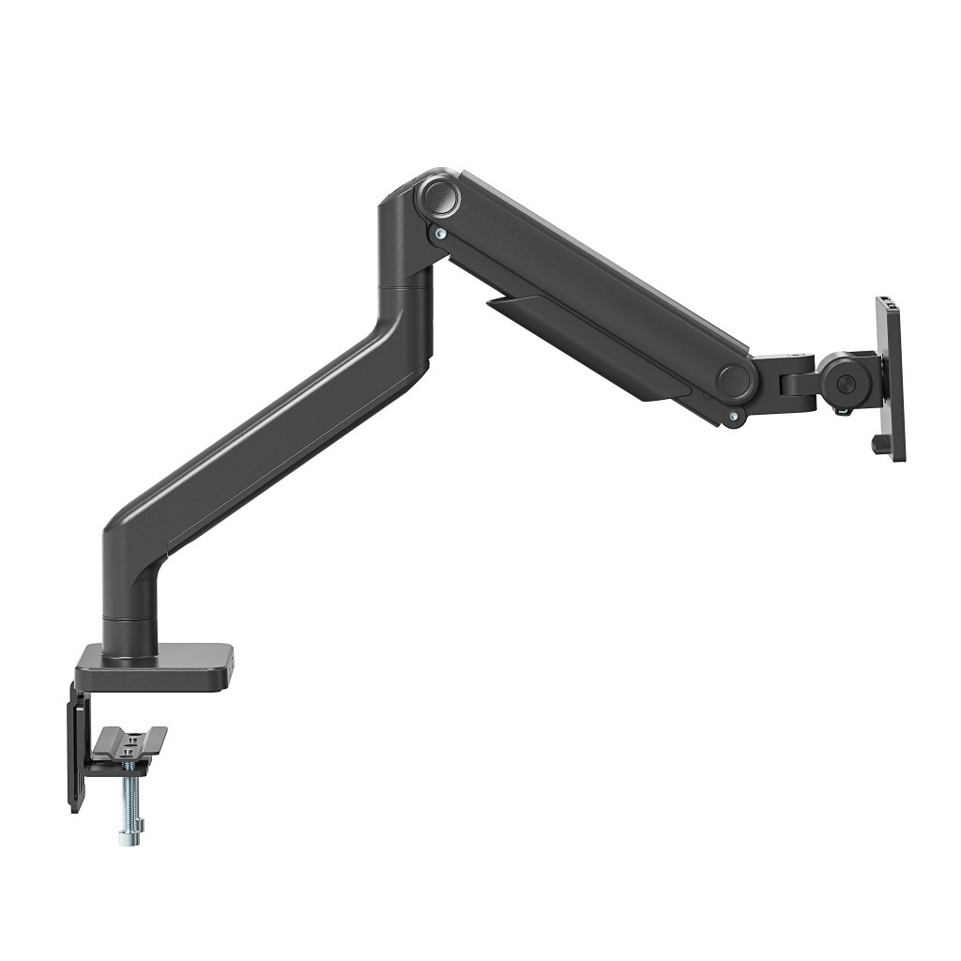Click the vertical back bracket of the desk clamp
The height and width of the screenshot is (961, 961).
(x=76, y=751)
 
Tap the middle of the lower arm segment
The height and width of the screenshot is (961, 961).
(x=272, y=432)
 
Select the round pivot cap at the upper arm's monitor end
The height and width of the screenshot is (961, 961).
(x=735, y=379)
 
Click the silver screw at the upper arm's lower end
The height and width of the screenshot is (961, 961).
(x=732, y=415)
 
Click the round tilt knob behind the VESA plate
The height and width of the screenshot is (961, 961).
(x=847, y=383)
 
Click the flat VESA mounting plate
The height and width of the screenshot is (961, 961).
(x=892, y=375)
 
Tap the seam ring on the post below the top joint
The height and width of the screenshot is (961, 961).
(x=404, y=282)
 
